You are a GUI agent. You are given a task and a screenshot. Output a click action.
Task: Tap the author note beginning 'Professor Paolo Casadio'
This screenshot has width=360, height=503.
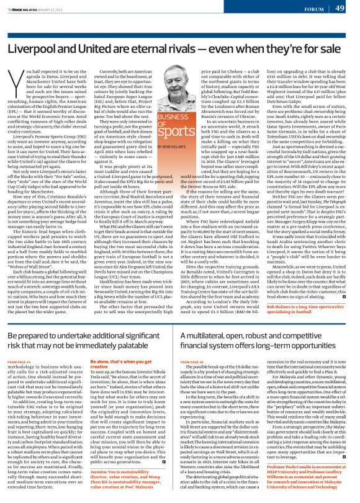[x=311, y=484]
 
